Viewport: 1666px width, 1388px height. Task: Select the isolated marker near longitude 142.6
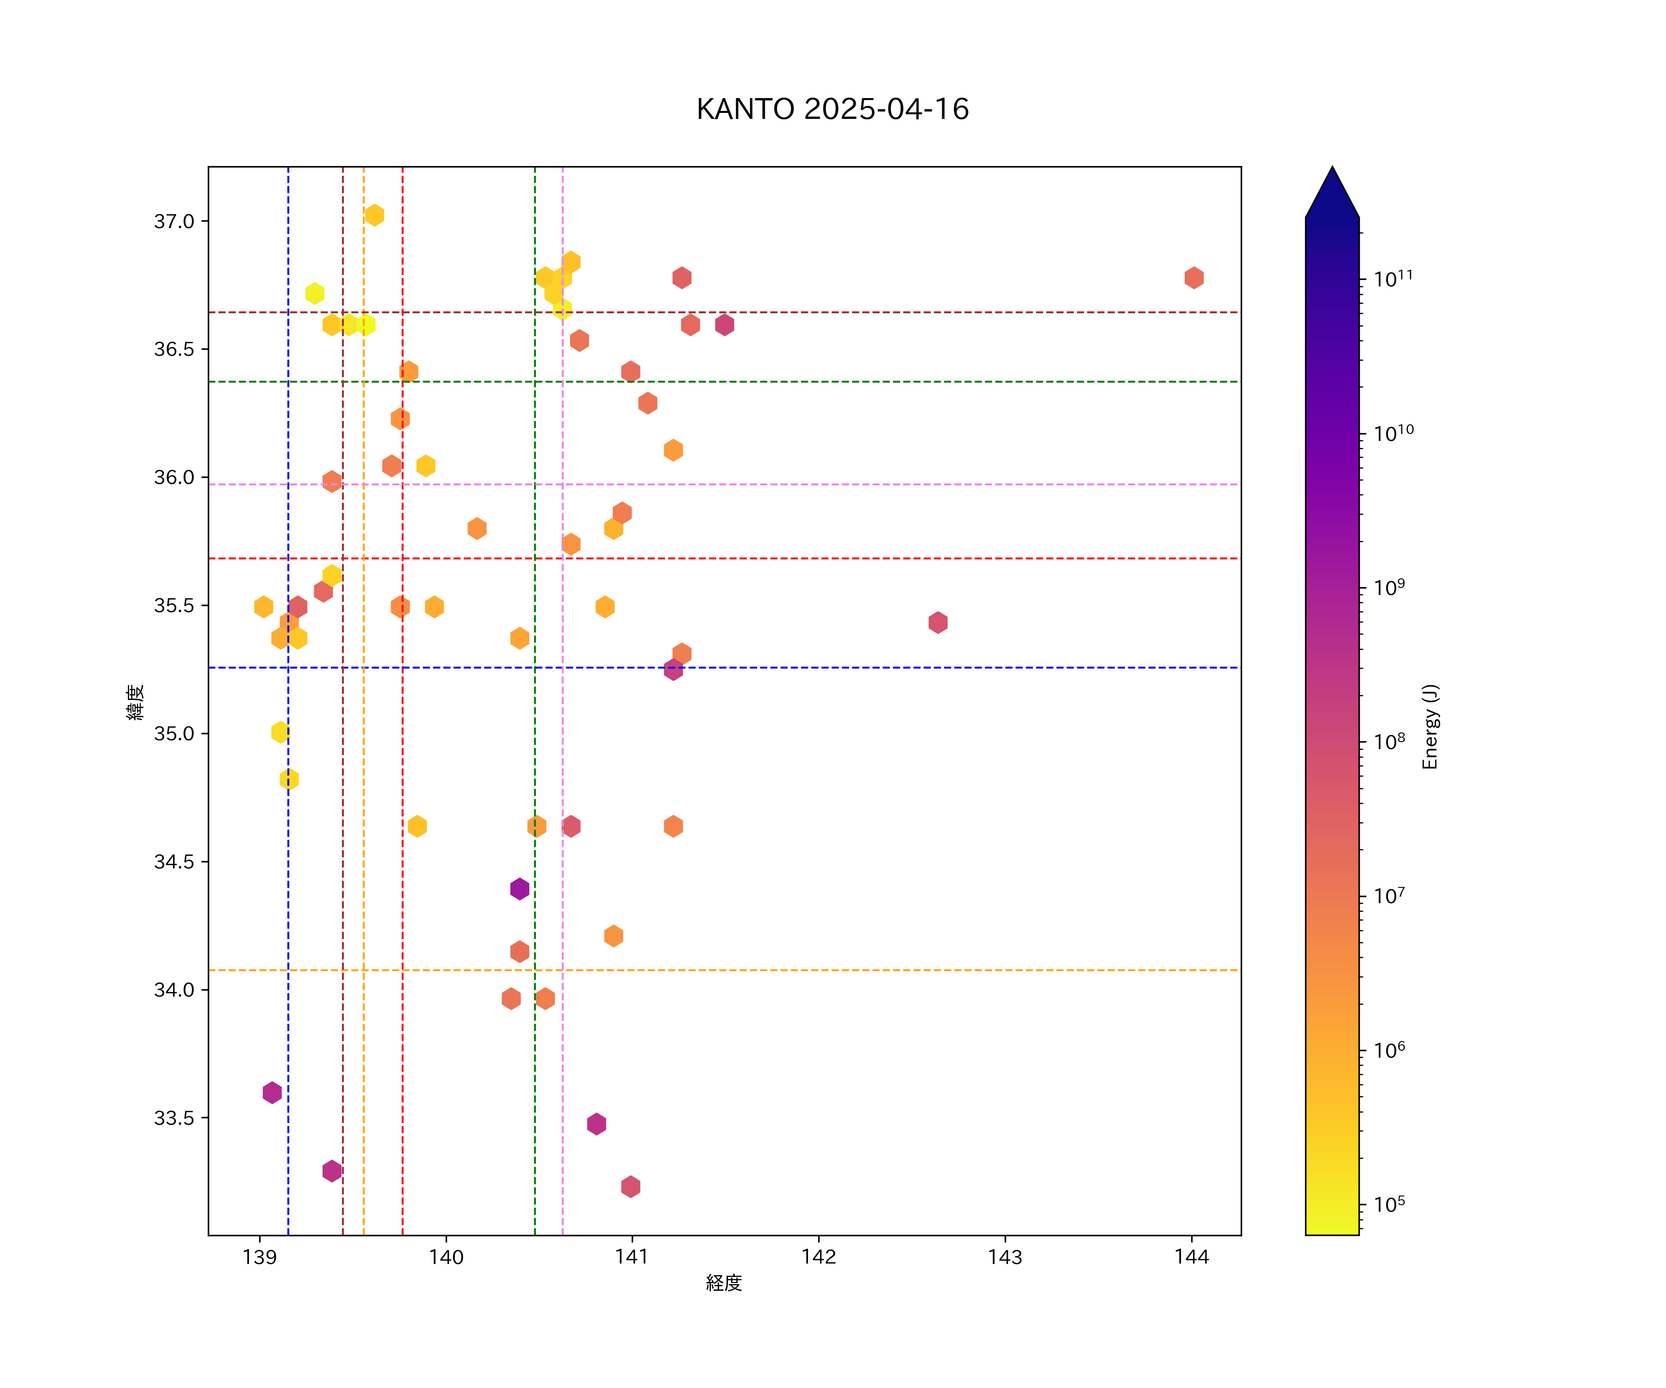[938, 623]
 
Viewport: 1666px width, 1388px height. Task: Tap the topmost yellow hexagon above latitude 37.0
[374, 215]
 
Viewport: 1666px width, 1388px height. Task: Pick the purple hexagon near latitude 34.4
[520, 889]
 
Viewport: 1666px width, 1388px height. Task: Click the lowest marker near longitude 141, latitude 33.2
[631, 1187]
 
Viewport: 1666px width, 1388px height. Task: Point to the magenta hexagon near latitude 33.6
[272, 1092]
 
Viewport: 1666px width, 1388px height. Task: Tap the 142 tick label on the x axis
[819, 1257]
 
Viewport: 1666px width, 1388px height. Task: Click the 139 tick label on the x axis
[260, 1257]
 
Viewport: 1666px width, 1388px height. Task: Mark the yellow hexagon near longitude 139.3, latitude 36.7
[315, 293]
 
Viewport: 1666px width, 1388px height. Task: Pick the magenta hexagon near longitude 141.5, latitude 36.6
[724, 324]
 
